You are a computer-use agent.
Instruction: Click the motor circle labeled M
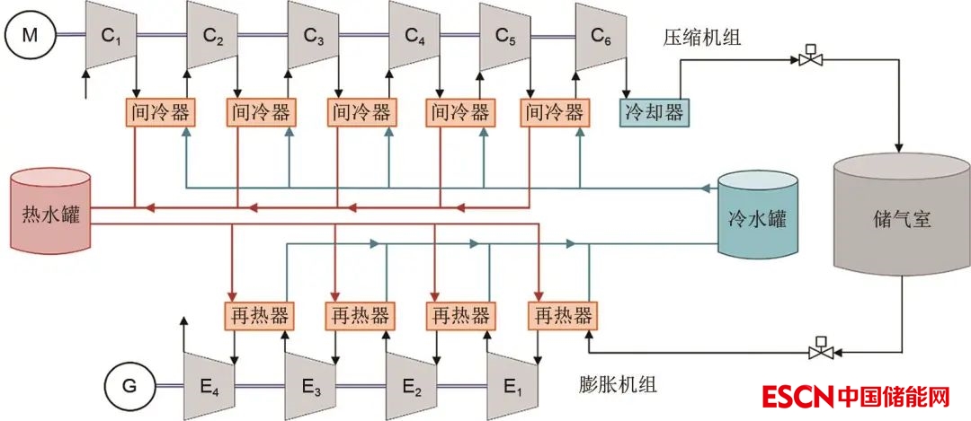point(31,36)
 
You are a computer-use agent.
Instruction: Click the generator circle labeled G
point(129,387)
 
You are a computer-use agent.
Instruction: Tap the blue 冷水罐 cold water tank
point(757,218)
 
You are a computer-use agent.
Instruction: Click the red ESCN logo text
point(797,396)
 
